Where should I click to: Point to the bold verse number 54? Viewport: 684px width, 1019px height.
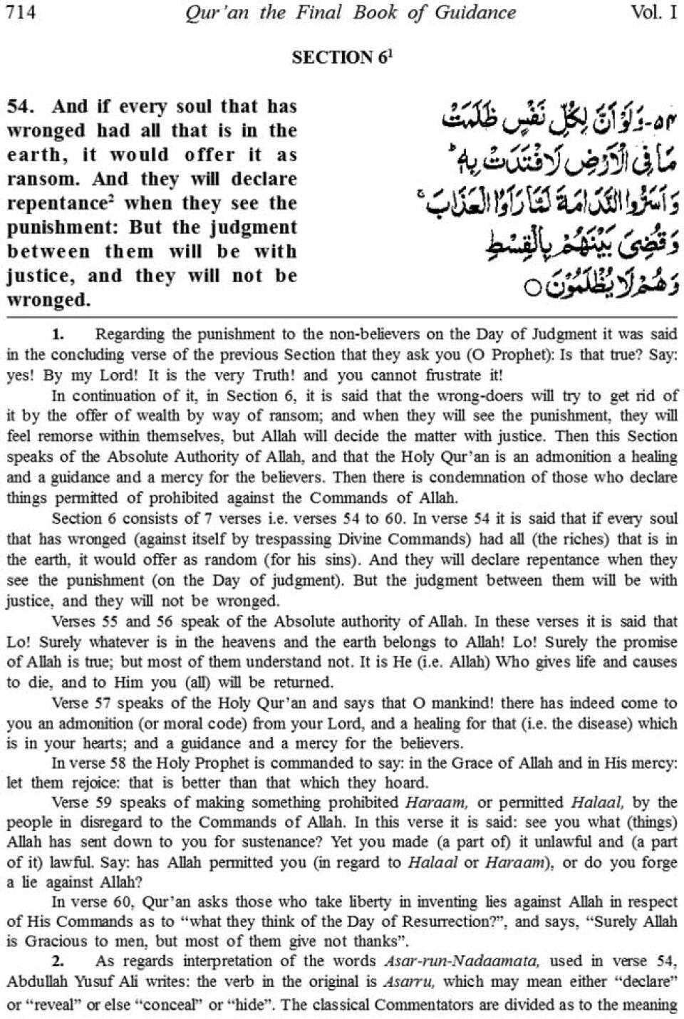pos(21,107)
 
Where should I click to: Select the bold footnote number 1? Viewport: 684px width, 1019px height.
pos(58,333)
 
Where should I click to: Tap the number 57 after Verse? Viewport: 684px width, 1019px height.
pos(102,703)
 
